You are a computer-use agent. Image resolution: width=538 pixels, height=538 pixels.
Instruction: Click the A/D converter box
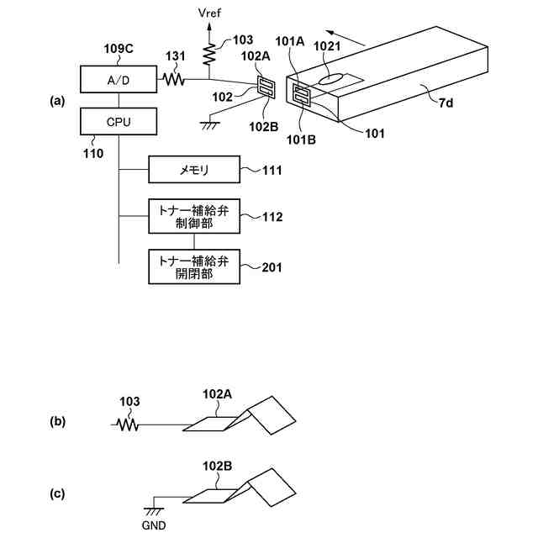click(119, 80)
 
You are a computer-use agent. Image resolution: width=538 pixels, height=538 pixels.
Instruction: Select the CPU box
click(119, 121)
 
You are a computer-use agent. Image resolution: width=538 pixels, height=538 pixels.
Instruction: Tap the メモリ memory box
click(194, 170)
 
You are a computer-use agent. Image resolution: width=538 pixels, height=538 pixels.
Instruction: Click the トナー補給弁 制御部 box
click(194, 216)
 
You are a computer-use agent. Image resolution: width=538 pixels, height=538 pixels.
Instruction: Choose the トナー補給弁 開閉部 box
click(194, 267)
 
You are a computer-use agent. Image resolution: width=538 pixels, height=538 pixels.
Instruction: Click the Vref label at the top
click(209, 13)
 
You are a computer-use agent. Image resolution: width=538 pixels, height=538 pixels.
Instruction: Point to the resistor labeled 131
click(174, 80)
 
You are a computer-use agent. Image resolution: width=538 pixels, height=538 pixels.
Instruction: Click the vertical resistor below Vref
click(209, 54)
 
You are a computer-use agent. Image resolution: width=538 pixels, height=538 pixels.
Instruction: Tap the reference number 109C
click(119, 49)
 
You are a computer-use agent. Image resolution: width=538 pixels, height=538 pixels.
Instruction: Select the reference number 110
click(93, 154)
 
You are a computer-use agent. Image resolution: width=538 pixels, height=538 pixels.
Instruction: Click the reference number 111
click(272, 170)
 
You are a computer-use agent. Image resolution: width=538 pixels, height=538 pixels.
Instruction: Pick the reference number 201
click(272, 267)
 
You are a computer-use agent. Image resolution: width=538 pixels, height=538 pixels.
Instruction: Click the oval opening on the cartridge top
click(330, 78)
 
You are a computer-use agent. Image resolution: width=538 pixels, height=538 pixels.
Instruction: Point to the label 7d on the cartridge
click(446, 103)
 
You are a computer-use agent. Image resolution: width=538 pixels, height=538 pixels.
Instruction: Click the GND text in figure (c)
click(154, 525)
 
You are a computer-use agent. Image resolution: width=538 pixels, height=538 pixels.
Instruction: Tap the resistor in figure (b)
click(128, 425)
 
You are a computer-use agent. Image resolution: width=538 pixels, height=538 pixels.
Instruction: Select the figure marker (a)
click(57, 101)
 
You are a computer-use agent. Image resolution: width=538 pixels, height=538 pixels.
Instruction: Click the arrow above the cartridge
click(345, 38)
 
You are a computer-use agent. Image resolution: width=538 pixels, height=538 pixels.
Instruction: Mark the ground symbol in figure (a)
click(210, 125)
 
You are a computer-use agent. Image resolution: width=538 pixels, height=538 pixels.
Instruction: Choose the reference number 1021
click(327, 46)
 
